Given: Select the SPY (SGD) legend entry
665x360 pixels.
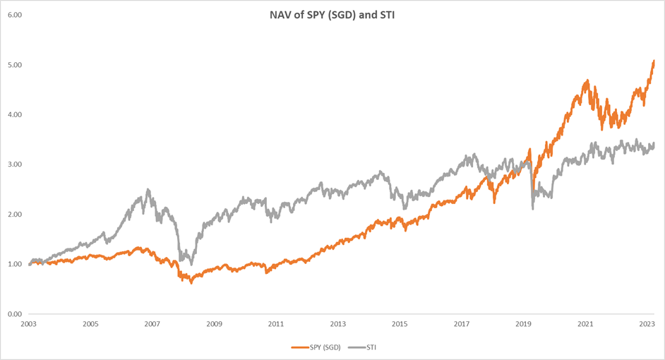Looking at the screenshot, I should point(314,347).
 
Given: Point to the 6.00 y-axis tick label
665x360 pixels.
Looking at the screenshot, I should point(13,15).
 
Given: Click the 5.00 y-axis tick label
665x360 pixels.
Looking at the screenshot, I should point(13,65).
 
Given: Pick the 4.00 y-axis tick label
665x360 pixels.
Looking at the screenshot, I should point(13,114).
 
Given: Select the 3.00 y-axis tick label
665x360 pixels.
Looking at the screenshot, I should point(13,164).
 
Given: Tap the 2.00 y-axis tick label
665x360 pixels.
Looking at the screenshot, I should point(13,214).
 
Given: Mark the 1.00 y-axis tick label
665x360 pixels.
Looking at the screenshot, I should point(13,264).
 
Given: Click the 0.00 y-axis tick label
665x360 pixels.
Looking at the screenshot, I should point(13,313).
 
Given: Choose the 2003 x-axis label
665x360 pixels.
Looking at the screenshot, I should point(28,324).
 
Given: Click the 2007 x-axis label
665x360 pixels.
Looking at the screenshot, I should point(152,324).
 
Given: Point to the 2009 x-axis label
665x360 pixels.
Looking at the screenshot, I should point(214,324).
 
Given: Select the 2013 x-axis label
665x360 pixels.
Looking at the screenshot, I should point(338,324).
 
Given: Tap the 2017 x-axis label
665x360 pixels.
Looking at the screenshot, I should point(462,324).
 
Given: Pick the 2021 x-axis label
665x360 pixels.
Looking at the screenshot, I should point(585,324).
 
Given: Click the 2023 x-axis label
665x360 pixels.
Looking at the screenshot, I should point(647,324).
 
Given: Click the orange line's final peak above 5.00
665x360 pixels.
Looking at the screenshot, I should point(654,61).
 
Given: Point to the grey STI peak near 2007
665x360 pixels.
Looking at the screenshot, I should point(148,189).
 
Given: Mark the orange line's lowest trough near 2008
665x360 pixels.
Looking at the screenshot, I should point(191,282).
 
